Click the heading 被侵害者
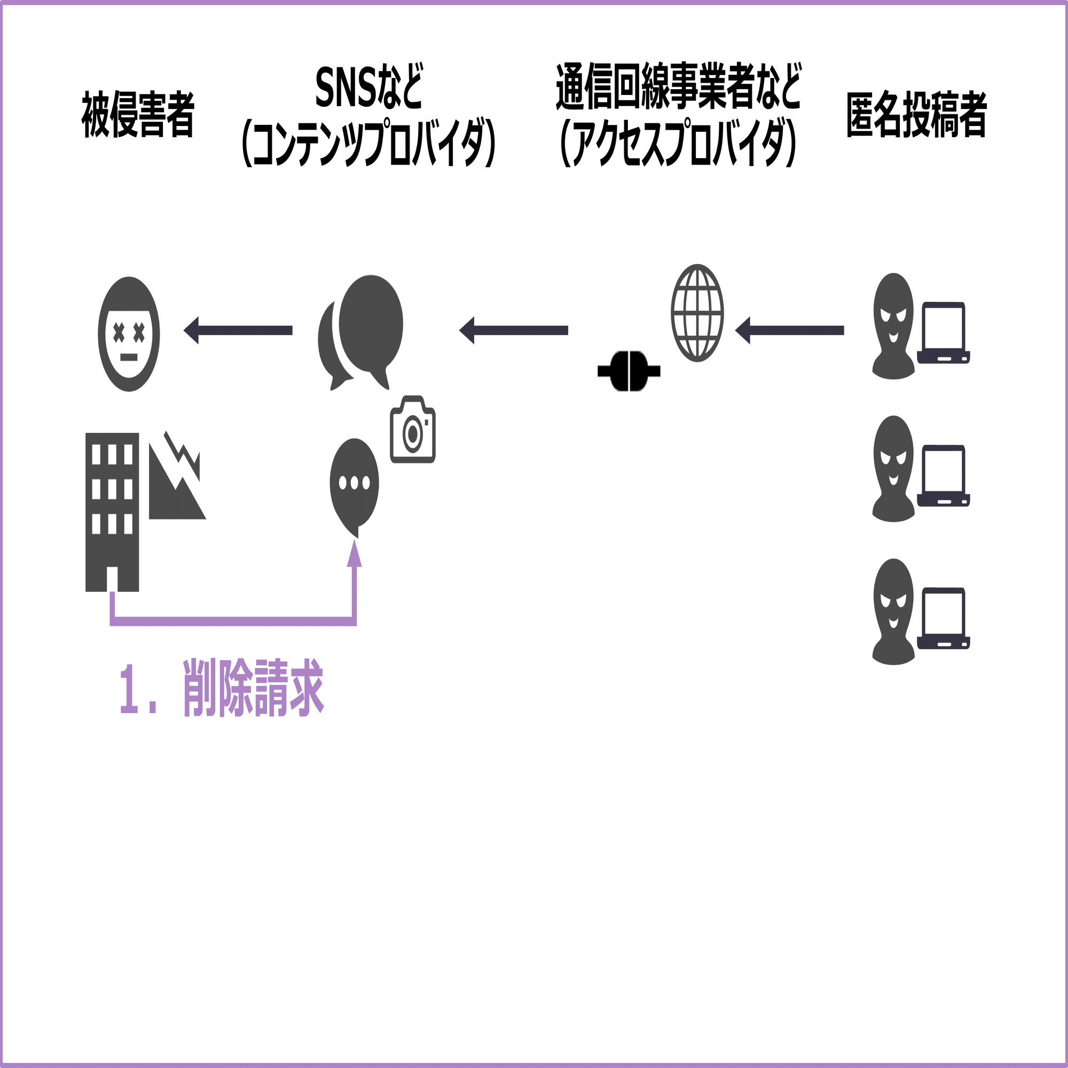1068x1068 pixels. pyautogui.click(x=138, y=114)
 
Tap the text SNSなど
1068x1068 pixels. pyautogui.click(x=368, y=88)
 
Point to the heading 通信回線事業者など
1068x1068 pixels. pyautogui.click(x=678, y=88)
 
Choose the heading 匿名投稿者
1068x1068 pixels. pyautogui.click(x=916, y=114)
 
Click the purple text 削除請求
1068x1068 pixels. pyautogui.click(x=253, y=688)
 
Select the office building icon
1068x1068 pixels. pyautogui.click(x=112, y=512)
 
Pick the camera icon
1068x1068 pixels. pyautogui.click(x=413, y=429)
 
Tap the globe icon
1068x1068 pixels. pyautogui.click(x=697, y=313)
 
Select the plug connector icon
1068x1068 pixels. pyautogui.click(x=629, y=371)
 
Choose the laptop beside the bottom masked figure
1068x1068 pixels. pyautogui.click(x=944, y=618)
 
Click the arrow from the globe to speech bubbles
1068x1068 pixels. pyautogui.click(x=514, y=331)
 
